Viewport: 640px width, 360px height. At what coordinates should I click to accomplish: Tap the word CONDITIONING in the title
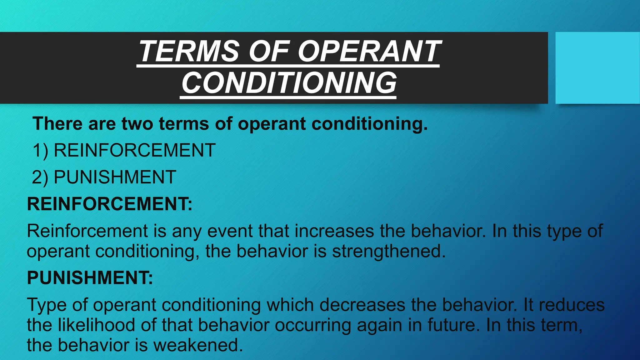pyautogui.click(x=289, y=83)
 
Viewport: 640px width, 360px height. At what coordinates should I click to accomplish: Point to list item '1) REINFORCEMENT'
pyautogui.click(x=124, y=150)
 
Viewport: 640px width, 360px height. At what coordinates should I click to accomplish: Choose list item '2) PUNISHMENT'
pyautogui.click(x=104, y=177)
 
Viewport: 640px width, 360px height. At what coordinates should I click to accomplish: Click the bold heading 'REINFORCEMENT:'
pyautogui.click(x=110, y=204)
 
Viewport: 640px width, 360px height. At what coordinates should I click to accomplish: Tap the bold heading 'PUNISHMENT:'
pyautogui.click(x=90, y=277)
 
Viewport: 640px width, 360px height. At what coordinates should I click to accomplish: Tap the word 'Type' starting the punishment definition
pyautogui.click(x=47, y=305)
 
